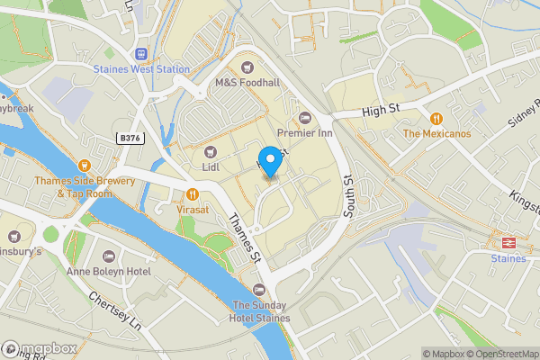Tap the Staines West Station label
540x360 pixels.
tap(142, 68)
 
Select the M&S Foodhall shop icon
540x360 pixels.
tap(247, 66)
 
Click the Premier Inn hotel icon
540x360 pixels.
tap(304, 117)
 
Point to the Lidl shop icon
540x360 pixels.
tap(211, 151)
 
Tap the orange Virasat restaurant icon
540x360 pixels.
tap(192, 193)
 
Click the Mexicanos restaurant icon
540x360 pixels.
tap(436, 118)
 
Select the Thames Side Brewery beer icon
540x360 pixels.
tap(85, 165)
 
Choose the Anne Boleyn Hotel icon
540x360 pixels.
tap(109, 256)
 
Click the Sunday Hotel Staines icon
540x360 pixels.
tap(260, 289)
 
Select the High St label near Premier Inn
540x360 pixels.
tap(379, 110)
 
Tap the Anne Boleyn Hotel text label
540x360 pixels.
tap(109, 271)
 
